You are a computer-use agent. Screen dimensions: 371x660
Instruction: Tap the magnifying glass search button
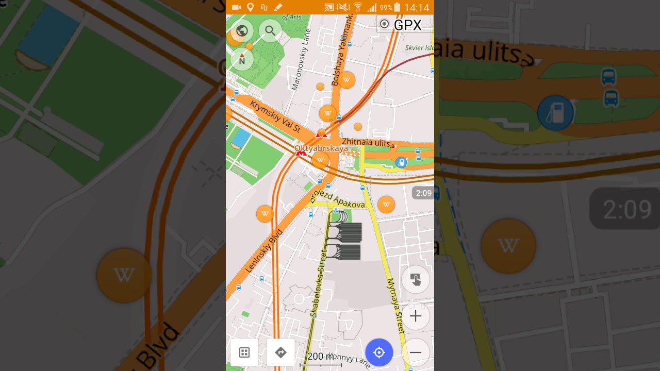coord(270,31)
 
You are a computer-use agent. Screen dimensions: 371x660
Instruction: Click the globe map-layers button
coord(242,31)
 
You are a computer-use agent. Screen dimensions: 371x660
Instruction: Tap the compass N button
coord(242,59)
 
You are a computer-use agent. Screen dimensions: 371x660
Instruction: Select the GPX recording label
coord(401,25)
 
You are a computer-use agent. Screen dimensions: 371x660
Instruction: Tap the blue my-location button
coord(379,352)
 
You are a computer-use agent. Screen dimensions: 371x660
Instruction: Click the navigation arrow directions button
coord(280,352)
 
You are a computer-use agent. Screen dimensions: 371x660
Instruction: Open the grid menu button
coord(244,352)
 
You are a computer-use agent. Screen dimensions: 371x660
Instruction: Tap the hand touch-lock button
coord(416,279)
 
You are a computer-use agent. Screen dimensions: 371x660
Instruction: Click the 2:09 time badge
coord(423,193)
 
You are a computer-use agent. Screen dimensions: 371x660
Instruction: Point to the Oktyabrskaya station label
coord(321,148)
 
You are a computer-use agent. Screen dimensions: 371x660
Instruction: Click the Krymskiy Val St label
coord(275,116)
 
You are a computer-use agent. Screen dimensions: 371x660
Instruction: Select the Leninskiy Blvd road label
coord(264,250)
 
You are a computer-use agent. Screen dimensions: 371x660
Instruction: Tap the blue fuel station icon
coord(401,163)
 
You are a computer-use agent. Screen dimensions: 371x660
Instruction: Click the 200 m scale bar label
coord(320,357)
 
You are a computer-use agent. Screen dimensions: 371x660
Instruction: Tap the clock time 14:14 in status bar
coord(417,8)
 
